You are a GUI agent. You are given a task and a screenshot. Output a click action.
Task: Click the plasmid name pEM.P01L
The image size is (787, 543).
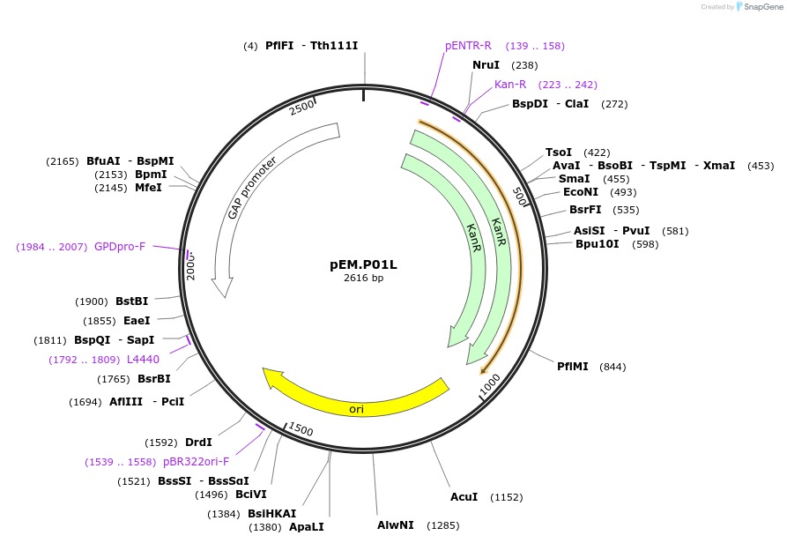point(363,264)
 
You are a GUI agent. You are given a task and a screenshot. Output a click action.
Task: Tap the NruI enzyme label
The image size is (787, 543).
point(486,64)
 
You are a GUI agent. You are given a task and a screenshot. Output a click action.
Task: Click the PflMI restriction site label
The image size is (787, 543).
point(572,366)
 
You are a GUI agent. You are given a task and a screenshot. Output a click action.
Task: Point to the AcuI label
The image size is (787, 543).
point(464,497)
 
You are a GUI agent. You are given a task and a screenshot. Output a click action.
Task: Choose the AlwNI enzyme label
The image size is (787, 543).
point(396,525)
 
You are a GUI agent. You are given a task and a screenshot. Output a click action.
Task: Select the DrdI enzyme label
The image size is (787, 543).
point(198,443)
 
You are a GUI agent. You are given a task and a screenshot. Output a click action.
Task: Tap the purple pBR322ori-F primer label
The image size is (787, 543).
point(196,461)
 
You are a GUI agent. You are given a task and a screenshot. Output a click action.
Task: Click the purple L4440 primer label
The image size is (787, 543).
point(143,360)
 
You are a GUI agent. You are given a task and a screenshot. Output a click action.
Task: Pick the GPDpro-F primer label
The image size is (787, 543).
point(120,247)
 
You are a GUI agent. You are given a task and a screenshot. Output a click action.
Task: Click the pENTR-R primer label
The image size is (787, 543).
point(468,46)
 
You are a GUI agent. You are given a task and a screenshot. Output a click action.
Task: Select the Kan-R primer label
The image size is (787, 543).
point(510,85)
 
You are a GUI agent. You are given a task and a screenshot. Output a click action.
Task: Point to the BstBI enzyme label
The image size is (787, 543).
point(131,301)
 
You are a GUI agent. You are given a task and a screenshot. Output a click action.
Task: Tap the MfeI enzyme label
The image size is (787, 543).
point(148,188)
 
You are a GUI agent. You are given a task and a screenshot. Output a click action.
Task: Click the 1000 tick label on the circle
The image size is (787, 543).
point(490,384)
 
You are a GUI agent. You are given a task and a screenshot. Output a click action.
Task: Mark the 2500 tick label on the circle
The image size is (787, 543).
point(301,108)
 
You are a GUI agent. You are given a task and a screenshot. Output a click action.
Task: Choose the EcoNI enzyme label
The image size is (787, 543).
point(581,192)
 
